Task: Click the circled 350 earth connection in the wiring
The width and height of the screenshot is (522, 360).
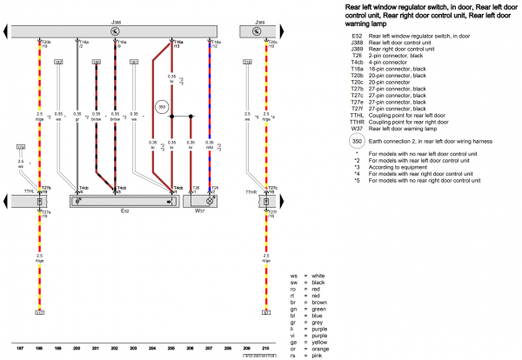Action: [162, 107]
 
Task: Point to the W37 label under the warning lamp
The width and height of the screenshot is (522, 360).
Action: [199, 210]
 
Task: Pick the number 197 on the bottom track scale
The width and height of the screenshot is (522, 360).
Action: [20, 348]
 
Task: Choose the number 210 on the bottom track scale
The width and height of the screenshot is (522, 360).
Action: [266, 348]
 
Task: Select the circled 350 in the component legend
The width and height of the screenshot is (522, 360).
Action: [356, 140]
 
